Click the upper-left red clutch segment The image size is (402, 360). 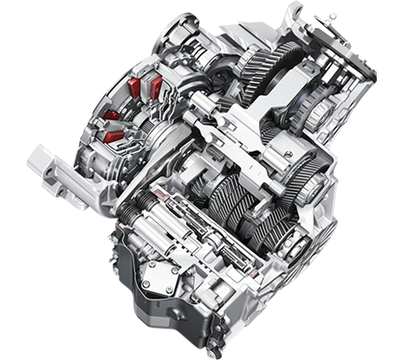point(134,88)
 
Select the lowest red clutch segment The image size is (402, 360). point(115,136)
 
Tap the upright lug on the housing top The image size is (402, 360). point(297,13)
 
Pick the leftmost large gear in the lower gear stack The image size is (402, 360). point(224,201)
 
